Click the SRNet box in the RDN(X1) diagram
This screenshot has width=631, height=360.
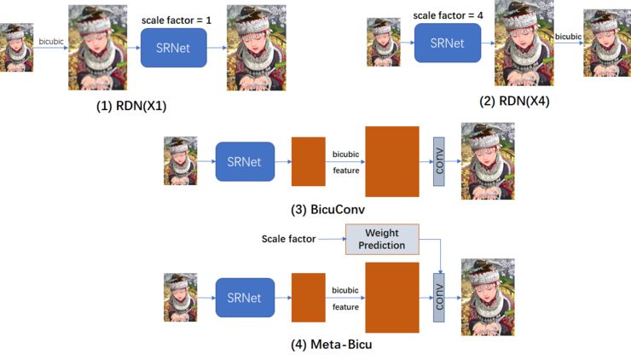click(x=174, y=47)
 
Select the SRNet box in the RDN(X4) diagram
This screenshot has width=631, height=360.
click(x=447, y=43)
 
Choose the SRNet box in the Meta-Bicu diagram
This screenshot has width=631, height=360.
click(x=245, y=298)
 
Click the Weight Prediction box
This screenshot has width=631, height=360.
click(x=381, y=239)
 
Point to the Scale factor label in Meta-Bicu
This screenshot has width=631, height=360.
click(x=289, y=240)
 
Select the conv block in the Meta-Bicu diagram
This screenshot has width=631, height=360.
click(x=439, y=298)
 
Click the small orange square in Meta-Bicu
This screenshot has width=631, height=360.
click(x=309, y=298)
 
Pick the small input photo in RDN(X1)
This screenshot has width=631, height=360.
click(x=15, y=48)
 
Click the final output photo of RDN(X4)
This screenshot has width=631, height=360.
click(x=606, y=44)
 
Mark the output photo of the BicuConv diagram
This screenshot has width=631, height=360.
click(x=487, y=160)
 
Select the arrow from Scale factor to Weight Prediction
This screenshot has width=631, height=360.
click(x=330, y=240)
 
